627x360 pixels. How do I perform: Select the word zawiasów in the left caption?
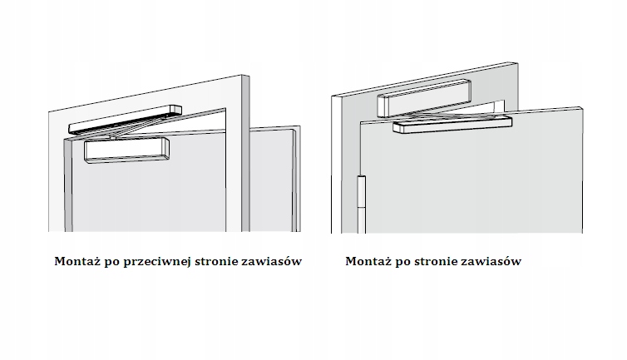pos(273,261)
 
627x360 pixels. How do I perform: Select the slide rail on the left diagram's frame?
pos(125,118)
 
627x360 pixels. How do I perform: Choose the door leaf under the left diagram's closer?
pos(150,195)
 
